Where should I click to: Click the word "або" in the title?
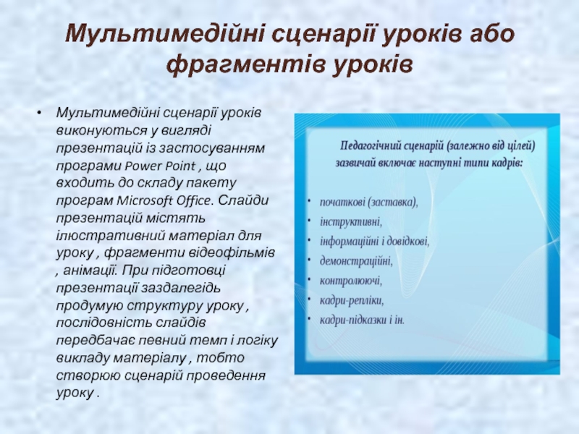(x=491, y=34)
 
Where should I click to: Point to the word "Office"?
(x=194, y=201)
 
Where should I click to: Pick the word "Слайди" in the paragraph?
(x=243, y=201)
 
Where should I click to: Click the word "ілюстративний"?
(x=110, y=236)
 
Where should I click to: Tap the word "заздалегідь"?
(x=182, y=288)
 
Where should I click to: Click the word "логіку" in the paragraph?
(x=256, y=341)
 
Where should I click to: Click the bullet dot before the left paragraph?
(x=39, y=112)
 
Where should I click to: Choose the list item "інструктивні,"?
(x=351, y=222)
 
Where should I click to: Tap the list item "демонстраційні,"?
(x=356, y=261)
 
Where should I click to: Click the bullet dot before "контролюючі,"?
(x=310, y=279)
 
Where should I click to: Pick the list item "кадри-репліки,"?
(x=352, y=301)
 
